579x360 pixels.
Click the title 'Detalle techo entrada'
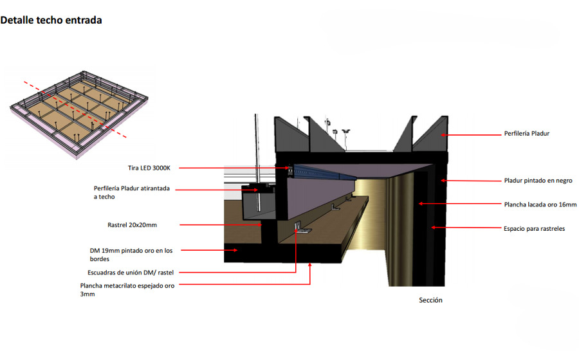(51, 21)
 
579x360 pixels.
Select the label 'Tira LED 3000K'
(149, 168)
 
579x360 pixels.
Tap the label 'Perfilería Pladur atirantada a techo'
(132, 193)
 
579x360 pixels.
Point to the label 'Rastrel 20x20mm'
(132, 225)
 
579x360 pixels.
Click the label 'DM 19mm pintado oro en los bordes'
(131, 255)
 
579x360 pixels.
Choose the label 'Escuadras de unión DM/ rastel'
(131, 273)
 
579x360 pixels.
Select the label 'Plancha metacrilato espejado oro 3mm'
(127, 290)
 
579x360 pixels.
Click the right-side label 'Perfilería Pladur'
(526, 134)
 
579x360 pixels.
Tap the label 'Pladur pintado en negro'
(538, 181)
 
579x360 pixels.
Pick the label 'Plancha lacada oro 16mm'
(540, 204)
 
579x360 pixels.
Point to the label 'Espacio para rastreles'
(535, 229)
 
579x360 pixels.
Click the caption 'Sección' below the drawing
(430, 300)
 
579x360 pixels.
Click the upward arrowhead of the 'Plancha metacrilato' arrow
(310, 265)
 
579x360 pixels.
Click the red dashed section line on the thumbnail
(75, 109)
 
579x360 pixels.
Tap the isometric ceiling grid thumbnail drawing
(79, 114)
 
